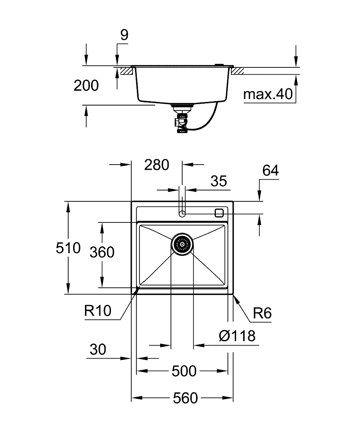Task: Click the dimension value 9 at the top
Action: pyautogui.click(x=124, y=36)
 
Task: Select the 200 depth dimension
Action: pyautogui.click(x=86, y=86)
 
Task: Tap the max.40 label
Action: pyautogui.click(x=268, y=94)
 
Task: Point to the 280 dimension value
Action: pyautogui.click(x=156, y=165)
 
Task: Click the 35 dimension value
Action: pyautogui.click(x=218, y=181)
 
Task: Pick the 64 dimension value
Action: pyautogui.click(x=270, y=171)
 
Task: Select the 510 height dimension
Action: pyautogui.click(x=68, y=248)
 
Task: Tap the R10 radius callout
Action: pyautogui.click(x=98, y=311)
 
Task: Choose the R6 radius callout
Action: pyautogui.click(x=262, y=313)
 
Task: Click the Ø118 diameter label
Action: pyautogui.click(x=237, y=336)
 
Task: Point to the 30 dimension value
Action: pyautogui.click(x=98, y=349)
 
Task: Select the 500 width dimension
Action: pyautogui.click(x=184, y=371)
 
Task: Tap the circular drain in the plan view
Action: pyautogui.click(x=182, y=244)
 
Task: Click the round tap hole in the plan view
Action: pyautogui.click(x=182, y=213)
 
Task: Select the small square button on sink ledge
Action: pyautogui.click(x=219, y=212)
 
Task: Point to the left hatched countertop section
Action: pyautogui.click(x=126, y=71)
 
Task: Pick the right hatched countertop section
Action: pyautogui.click(x=238, y=71)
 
